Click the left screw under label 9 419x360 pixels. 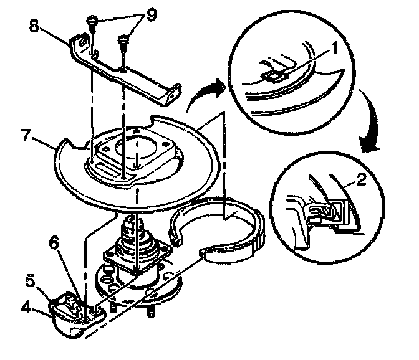[93, 22]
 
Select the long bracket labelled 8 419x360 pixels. [125, 72]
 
